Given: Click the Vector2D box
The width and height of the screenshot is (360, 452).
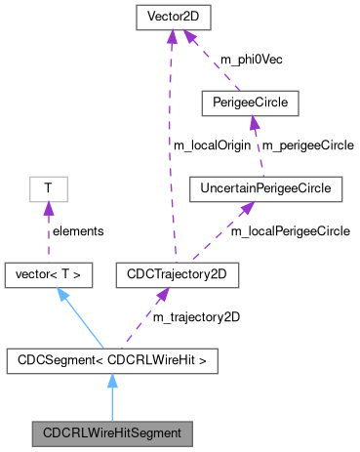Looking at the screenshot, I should click(171, 19).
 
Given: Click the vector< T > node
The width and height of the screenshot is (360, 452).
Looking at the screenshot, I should click(49, 275).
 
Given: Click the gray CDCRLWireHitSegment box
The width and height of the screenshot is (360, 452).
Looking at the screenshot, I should click(111, 431).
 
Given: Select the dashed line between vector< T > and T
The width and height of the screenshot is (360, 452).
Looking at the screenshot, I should click(47, 232).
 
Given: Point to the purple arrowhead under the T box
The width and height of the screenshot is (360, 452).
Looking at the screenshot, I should click(46, 208).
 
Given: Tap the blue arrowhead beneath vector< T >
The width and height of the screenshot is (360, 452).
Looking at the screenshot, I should click(60, 296).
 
